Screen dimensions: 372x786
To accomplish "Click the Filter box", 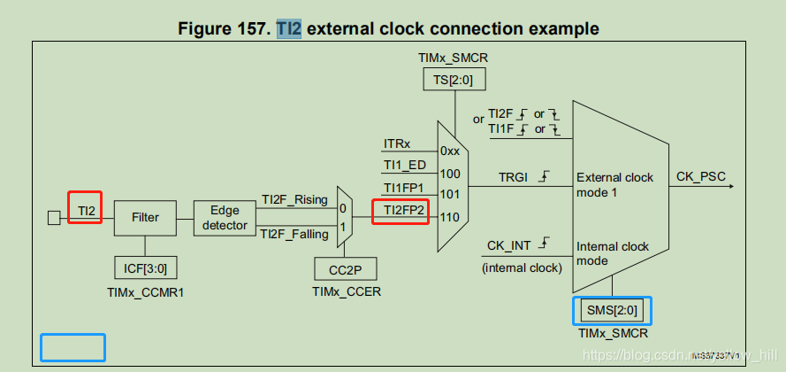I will click(x=145, y=216).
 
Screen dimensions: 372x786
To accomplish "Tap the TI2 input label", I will click(x=86, y=213).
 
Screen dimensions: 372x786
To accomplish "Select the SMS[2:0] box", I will click(x=611, y=310).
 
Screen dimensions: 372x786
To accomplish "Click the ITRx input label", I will click(x=397, y=143).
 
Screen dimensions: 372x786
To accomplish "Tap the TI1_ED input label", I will click(x=404, y=166).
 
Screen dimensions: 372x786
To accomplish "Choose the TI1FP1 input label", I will click(x=404, y=189).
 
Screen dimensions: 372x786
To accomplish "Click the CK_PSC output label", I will click(x=702, y=177).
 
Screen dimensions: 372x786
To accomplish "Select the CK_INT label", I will click(x=508, y=245).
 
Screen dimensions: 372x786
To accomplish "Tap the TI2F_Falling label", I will click(x=294, y=233).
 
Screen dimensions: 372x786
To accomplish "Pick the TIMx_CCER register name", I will click(x=346, y=291).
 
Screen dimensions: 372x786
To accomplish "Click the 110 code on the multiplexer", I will click(x=450, y=215).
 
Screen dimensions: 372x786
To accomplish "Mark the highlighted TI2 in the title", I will click(x=289, y=28).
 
